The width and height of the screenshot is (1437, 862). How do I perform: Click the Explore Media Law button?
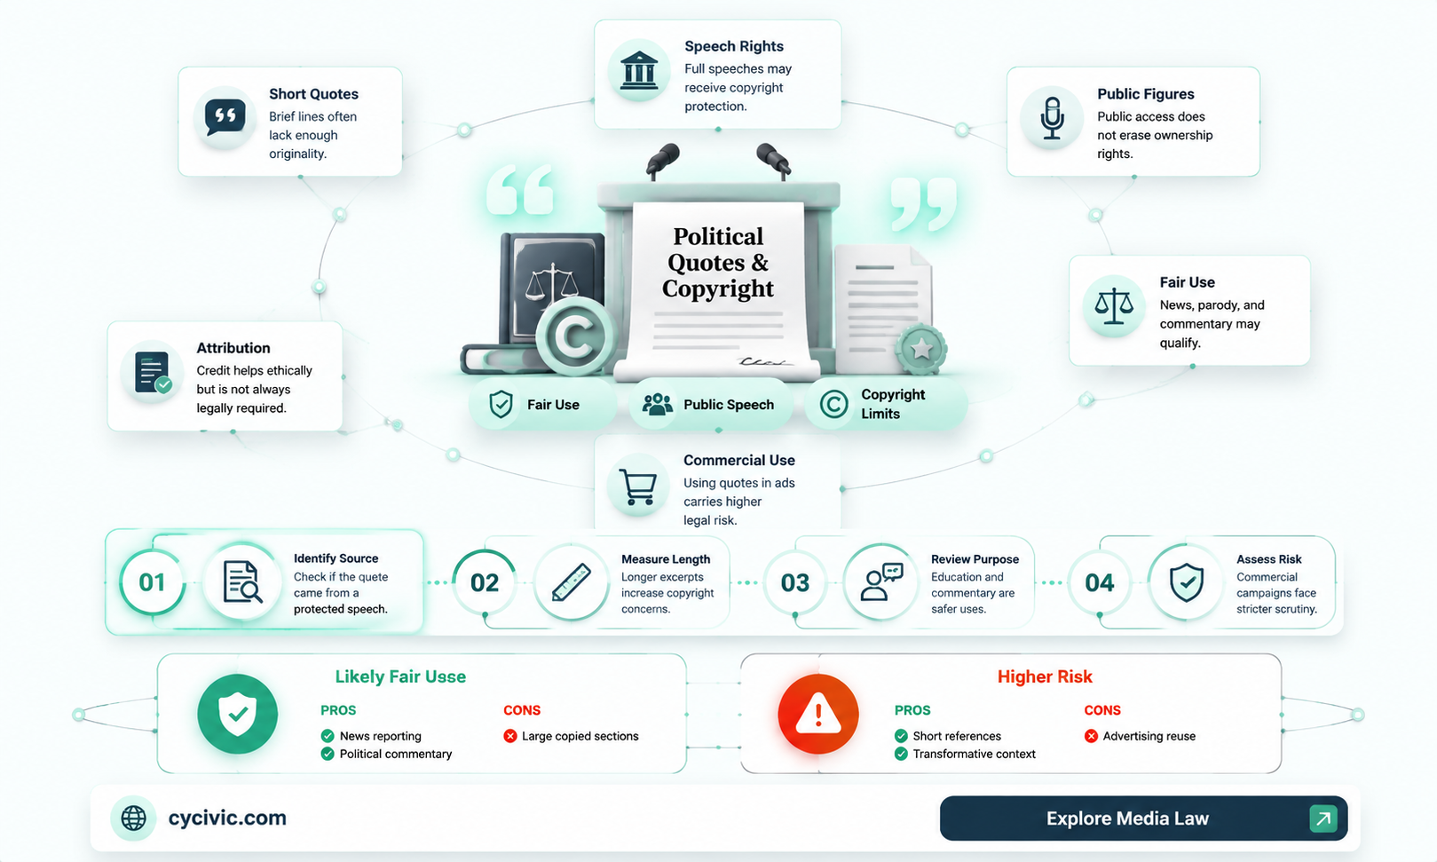[1143, 819]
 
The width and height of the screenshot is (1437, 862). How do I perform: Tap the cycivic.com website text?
[227, 818]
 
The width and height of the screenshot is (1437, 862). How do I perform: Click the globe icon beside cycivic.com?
[133, 819]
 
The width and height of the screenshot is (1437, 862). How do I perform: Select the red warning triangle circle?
[818, 714]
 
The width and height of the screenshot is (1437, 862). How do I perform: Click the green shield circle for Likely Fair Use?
[237, 714]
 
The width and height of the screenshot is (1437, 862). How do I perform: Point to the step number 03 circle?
[795, 582]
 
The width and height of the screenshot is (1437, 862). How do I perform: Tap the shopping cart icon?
[637, 486]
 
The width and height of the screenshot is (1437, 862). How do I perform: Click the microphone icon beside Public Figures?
[1052, 118]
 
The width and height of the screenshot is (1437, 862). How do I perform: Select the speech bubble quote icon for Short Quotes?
[225, 118]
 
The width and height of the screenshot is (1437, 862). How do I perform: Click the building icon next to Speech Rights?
[639, 70]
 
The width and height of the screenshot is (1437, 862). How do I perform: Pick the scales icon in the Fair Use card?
[1114, 306]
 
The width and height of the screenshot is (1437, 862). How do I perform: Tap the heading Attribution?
[233, 348]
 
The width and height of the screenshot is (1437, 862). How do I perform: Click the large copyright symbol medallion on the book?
[573, 336]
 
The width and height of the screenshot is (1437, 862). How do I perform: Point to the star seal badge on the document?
[921, 349]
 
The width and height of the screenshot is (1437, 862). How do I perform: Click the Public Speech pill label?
[712, 404]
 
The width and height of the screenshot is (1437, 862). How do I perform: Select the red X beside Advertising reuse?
[1091, 736]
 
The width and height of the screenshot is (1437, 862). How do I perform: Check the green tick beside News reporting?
[328, 736]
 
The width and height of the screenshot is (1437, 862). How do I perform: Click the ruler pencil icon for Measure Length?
[571, 582]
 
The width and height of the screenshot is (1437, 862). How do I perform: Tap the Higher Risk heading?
[1045, 676]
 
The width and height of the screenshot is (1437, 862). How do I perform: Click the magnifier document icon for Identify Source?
[241, 581]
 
